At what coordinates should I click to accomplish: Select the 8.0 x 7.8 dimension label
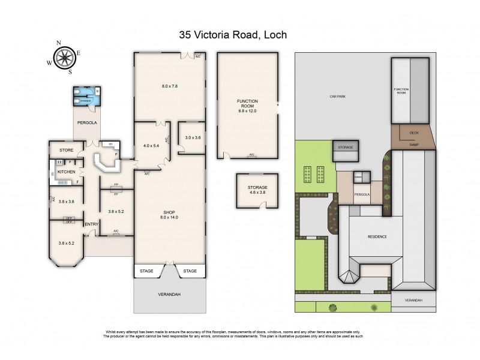pos(170,86)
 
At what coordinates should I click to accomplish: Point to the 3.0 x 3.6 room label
pos(193,138)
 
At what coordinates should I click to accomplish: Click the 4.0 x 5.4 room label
pos(152,145)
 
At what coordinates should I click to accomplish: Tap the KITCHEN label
pos(67,172)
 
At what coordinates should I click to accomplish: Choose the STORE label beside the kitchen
pos(66,149)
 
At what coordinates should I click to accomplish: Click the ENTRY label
pos(92,224)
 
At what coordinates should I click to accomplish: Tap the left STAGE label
pos(146,271)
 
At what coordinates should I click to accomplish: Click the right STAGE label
pos(190,271)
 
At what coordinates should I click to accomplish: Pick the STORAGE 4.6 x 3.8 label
pos(257,190)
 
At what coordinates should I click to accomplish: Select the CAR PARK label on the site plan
pos(337,96)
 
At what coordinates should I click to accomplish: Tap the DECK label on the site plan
pos(414,133)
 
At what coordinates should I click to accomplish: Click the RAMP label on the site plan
pos(414,144)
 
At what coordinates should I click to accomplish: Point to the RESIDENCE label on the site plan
pos(377,236)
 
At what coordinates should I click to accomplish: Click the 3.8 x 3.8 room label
pos(66,202)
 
